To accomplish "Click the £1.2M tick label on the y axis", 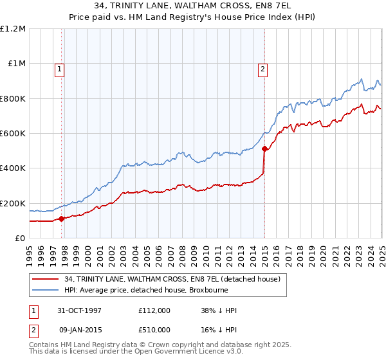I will pyautogui.click(x=13, y=29).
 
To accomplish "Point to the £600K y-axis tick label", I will pyautogui.click(x=13, y=134).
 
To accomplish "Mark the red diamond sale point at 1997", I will pyautogui.click(x=62, y=219).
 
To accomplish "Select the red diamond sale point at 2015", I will pyautogui.click(x=264, y=149).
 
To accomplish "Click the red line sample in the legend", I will pyautogui.click(x=46, y=280).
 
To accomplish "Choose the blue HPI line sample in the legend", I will pyautogui.click(x=46, y=291).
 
